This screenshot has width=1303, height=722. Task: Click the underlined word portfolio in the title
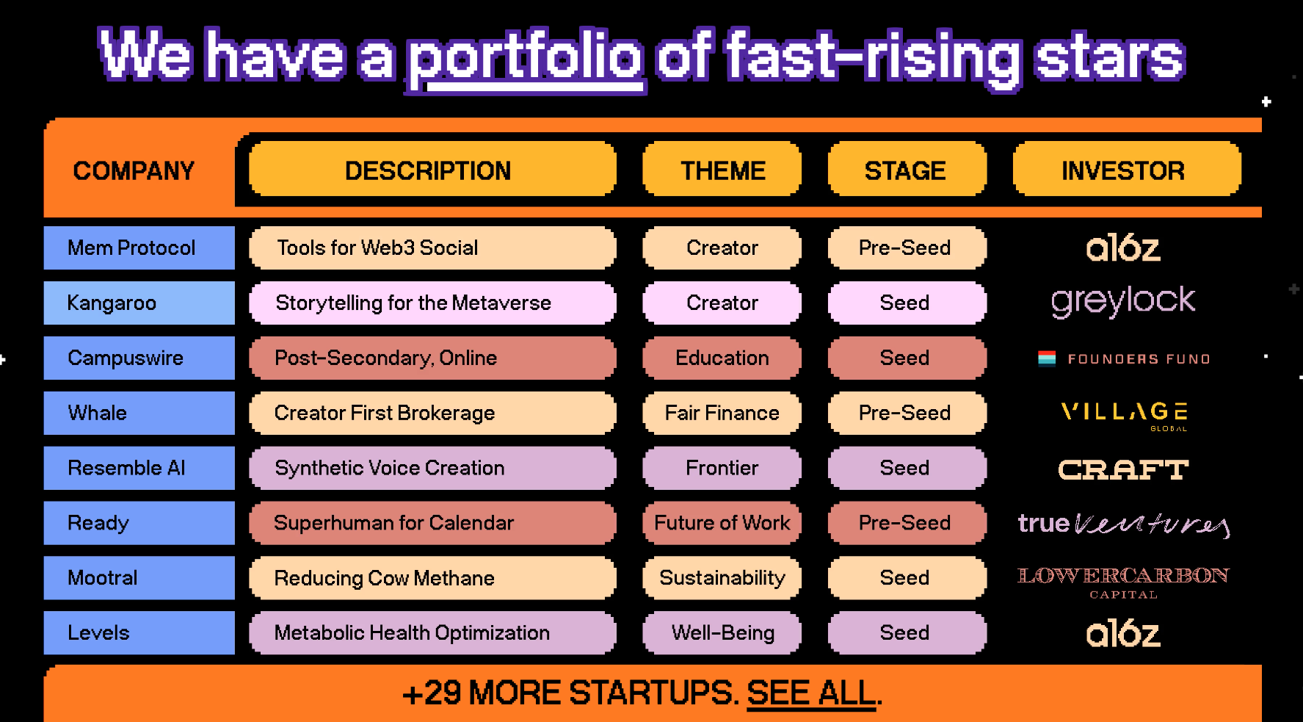(x=526, y=59)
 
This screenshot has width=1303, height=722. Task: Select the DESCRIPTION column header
(x=432, y=170)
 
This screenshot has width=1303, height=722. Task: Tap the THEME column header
(x=722, y=170)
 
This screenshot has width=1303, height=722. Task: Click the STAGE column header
(x=907, y=170)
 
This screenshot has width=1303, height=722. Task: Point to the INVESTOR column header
(x=1127, y=170)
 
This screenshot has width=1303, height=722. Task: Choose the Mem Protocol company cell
(x=139, y=248)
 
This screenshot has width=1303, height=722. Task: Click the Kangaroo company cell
(x=139, y=303)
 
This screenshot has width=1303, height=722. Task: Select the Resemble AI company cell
(x=139, y=468)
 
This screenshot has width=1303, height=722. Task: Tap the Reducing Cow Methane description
(x=432, y=578)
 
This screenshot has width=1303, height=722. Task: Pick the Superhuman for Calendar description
(x=432, y=523)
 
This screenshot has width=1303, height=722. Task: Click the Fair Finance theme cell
(x=722, y=413)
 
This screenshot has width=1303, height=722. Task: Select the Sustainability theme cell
(x=722, y=578)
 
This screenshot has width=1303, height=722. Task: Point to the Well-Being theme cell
(x=722, y=633)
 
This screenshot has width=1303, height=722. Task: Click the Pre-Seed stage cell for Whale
(x=907, y=413)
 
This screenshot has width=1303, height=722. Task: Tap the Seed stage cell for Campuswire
(x=907, y=358)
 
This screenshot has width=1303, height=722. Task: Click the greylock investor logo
(x=1123, y=301)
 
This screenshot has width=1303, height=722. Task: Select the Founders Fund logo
(x=1124, y=358)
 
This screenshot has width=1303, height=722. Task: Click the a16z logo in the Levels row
(x=1123, y=633)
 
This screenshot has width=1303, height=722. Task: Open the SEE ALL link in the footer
(x=811, y=693)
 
